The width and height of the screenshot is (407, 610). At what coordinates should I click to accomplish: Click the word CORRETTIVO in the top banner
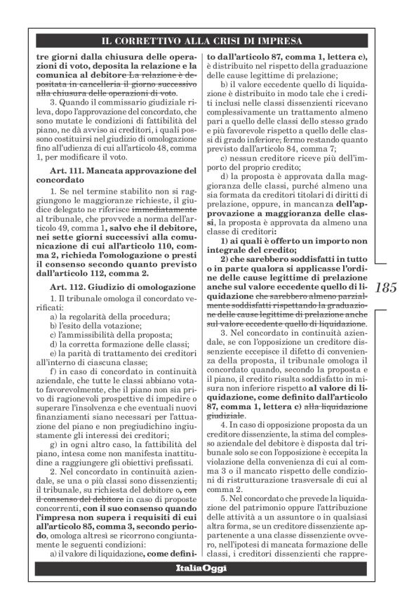[x=173, y=41]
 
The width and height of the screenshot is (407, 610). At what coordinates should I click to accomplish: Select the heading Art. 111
[x=65, y=171]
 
